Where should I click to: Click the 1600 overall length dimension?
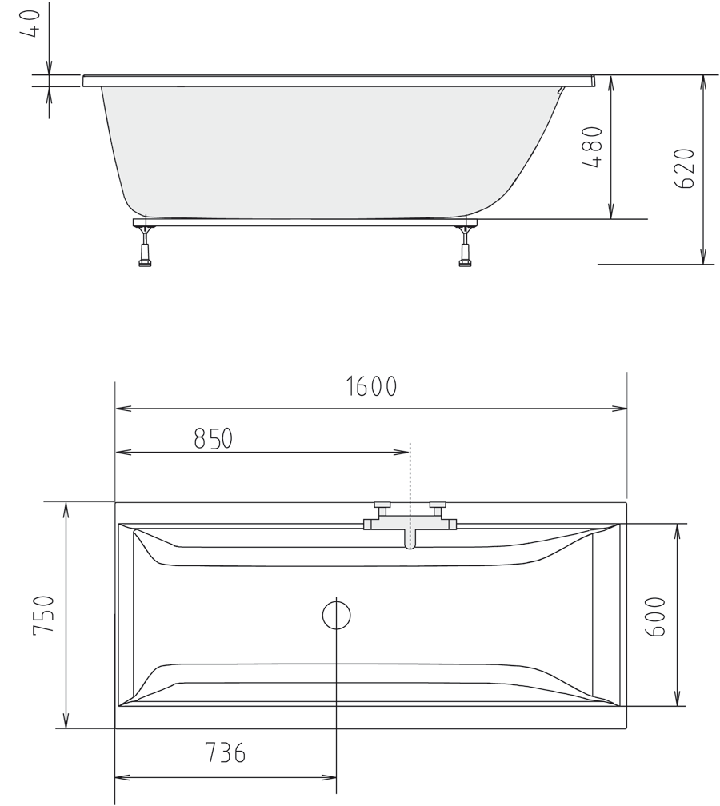tap(371, 387)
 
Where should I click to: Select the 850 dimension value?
tap(213, 439)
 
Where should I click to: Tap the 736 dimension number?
tap(225, 753)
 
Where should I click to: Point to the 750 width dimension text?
tap(43, 615)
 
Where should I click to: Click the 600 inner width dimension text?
tap(654, 616)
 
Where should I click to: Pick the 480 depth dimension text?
tap(593, 147)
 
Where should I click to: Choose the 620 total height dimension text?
tap(685, 168)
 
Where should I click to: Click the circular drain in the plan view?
tap(336, 615)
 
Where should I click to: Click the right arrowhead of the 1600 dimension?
tap(622, 409)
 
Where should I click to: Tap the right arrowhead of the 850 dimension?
tap(404, 453)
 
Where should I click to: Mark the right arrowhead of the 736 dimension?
tap(330, 777)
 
